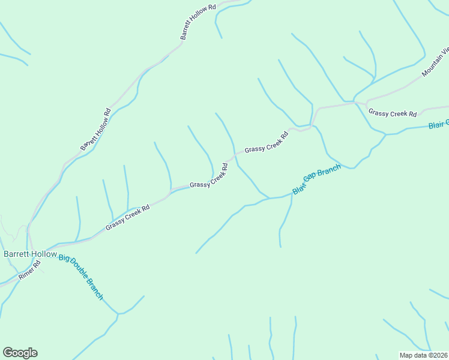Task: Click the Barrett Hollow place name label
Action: tap(30, 254)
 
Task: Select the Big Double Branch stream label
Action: tap(81, 277)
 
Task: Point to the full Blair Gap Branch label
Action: tap(316, 179)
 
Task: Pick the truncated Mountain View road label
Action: tap(435, 63)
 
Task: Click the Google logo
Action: tap(20, 353)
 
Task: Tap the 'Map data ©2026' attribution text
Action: tap(423, 355)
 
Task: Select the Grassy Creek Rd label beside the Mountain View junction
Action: tap(393, 113)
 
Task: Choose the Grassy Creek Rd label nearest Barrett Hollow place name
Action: tap(127, 218)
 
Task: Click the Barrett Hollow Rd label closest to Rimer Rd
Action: tap(96, 129)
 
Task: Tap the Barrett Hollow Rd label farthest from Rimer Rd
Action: tap(197, 23)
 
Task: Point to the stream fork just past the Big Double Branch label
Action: tap(119, 313)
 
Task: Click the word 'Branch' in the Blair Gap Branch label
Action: tap(330, 171)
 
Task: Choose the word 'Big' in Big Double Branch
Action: tap(64, 259)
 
